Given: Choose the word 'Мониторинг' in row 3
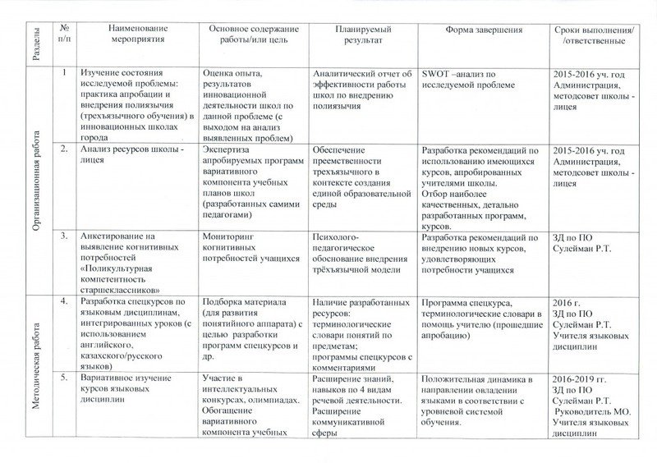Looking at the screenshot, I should click(x=229, y=237).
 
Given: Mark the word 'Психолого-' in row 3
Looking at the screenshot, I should click(x=336, y=237).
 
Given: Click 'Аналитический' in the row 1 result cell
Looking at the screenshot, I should click(x=347, y=72).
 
